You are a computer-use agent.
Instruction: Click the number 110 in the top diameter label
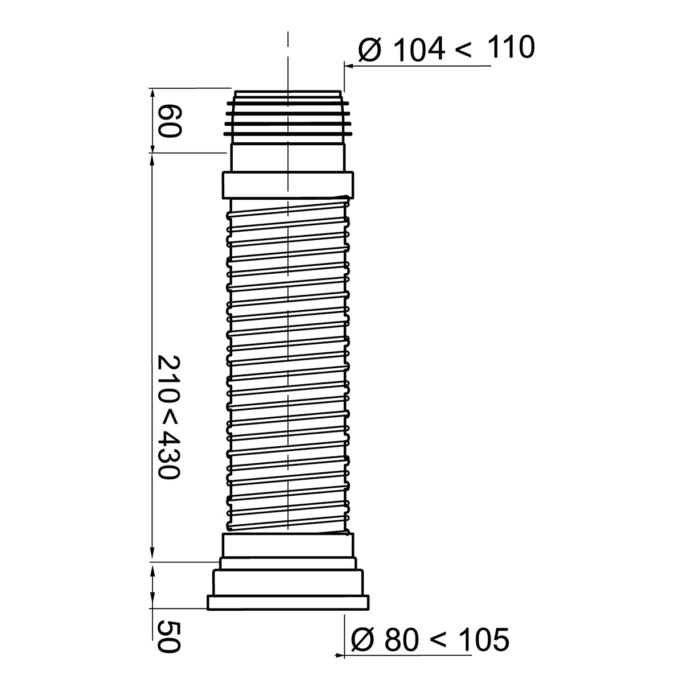[511, 48]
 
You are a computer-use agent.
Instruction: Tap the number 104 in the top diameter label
[418, 50]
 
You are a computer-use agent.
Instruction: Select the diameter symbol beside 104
[370, 50]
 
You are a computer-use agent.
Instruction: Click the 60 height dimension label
[169, 120]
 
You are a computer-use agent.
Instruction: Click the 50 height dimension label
[169, 636]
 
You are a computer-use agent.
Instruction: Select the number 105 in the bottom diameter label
[484, 640]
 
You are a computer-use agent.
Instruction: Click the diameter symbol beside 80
[363, 640]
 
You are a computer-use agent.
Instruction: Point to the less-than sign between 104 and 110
[463, 50]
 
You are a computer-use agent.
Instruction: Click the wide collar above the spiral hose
[287, 184]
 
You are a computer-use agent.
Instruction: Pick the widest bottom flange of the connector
[288, 603]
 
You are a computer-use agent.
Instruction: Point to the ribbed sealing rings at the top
[287, 120]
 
